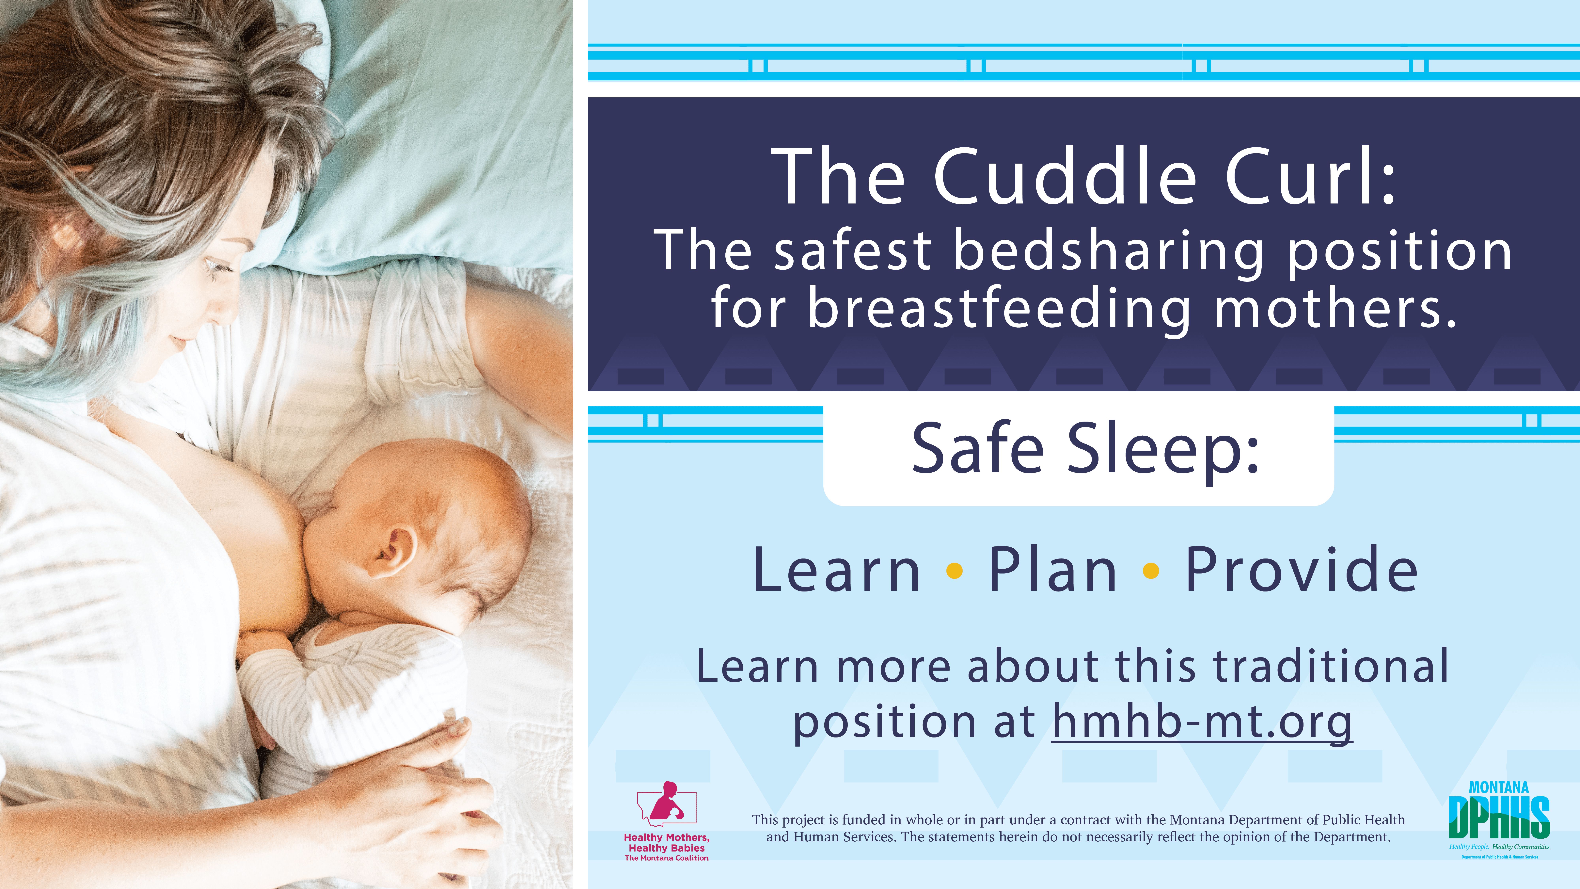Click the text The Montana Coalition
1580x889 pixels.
click(x=667, y=858)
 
